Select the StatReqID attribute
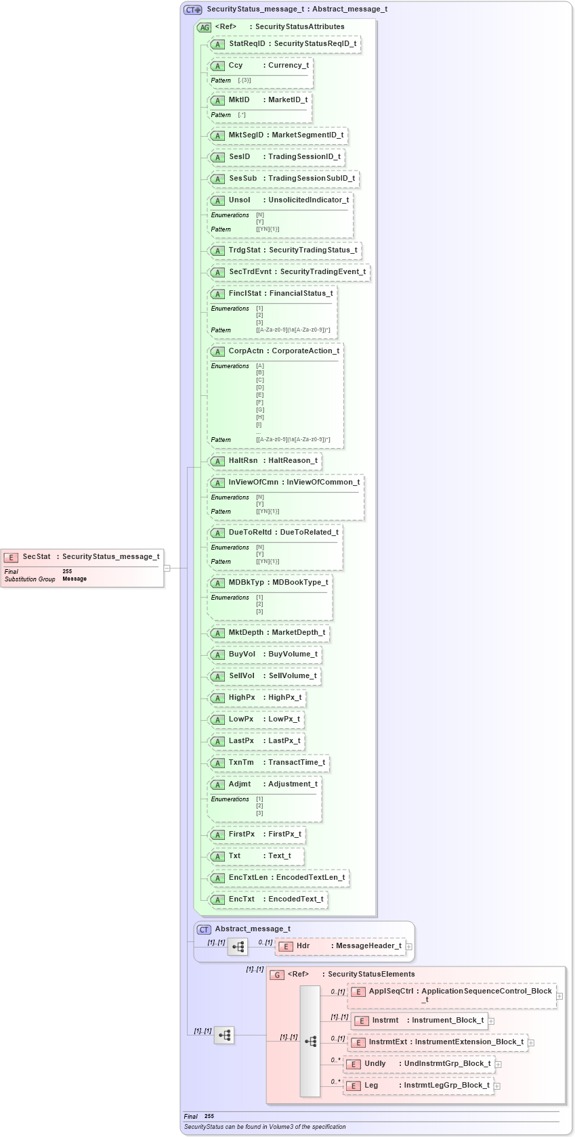pyautogui.click(x=284, y=44)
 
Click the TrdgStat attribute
pyautogui.click(x=284, y=250)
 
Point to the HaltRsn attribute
pyautogui.click(x=265, y=461)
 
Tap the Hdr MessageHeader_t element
pyautogui.click(x=341, y=946)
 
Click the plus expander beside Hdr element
pyautogui.click(x=409, y=947)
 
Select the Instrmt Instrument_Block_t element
pyautogui.click(x=420, y=1021)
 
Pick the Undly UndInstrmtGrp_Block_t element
pyautogui.click(x=419, y=1064)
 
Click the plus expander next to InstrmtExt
pyautogui.click(x=531, y=1043)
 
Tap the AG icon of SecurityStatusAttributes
pyautogui.click(x=204, y=28)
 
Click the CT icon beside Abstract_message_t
pyautogui.click(x=204, y=930)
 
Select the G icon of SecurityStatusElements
pyautogui.click(x=277, y=975)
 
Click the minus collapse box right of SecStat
pyautogui.click(x=167, y=568)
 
